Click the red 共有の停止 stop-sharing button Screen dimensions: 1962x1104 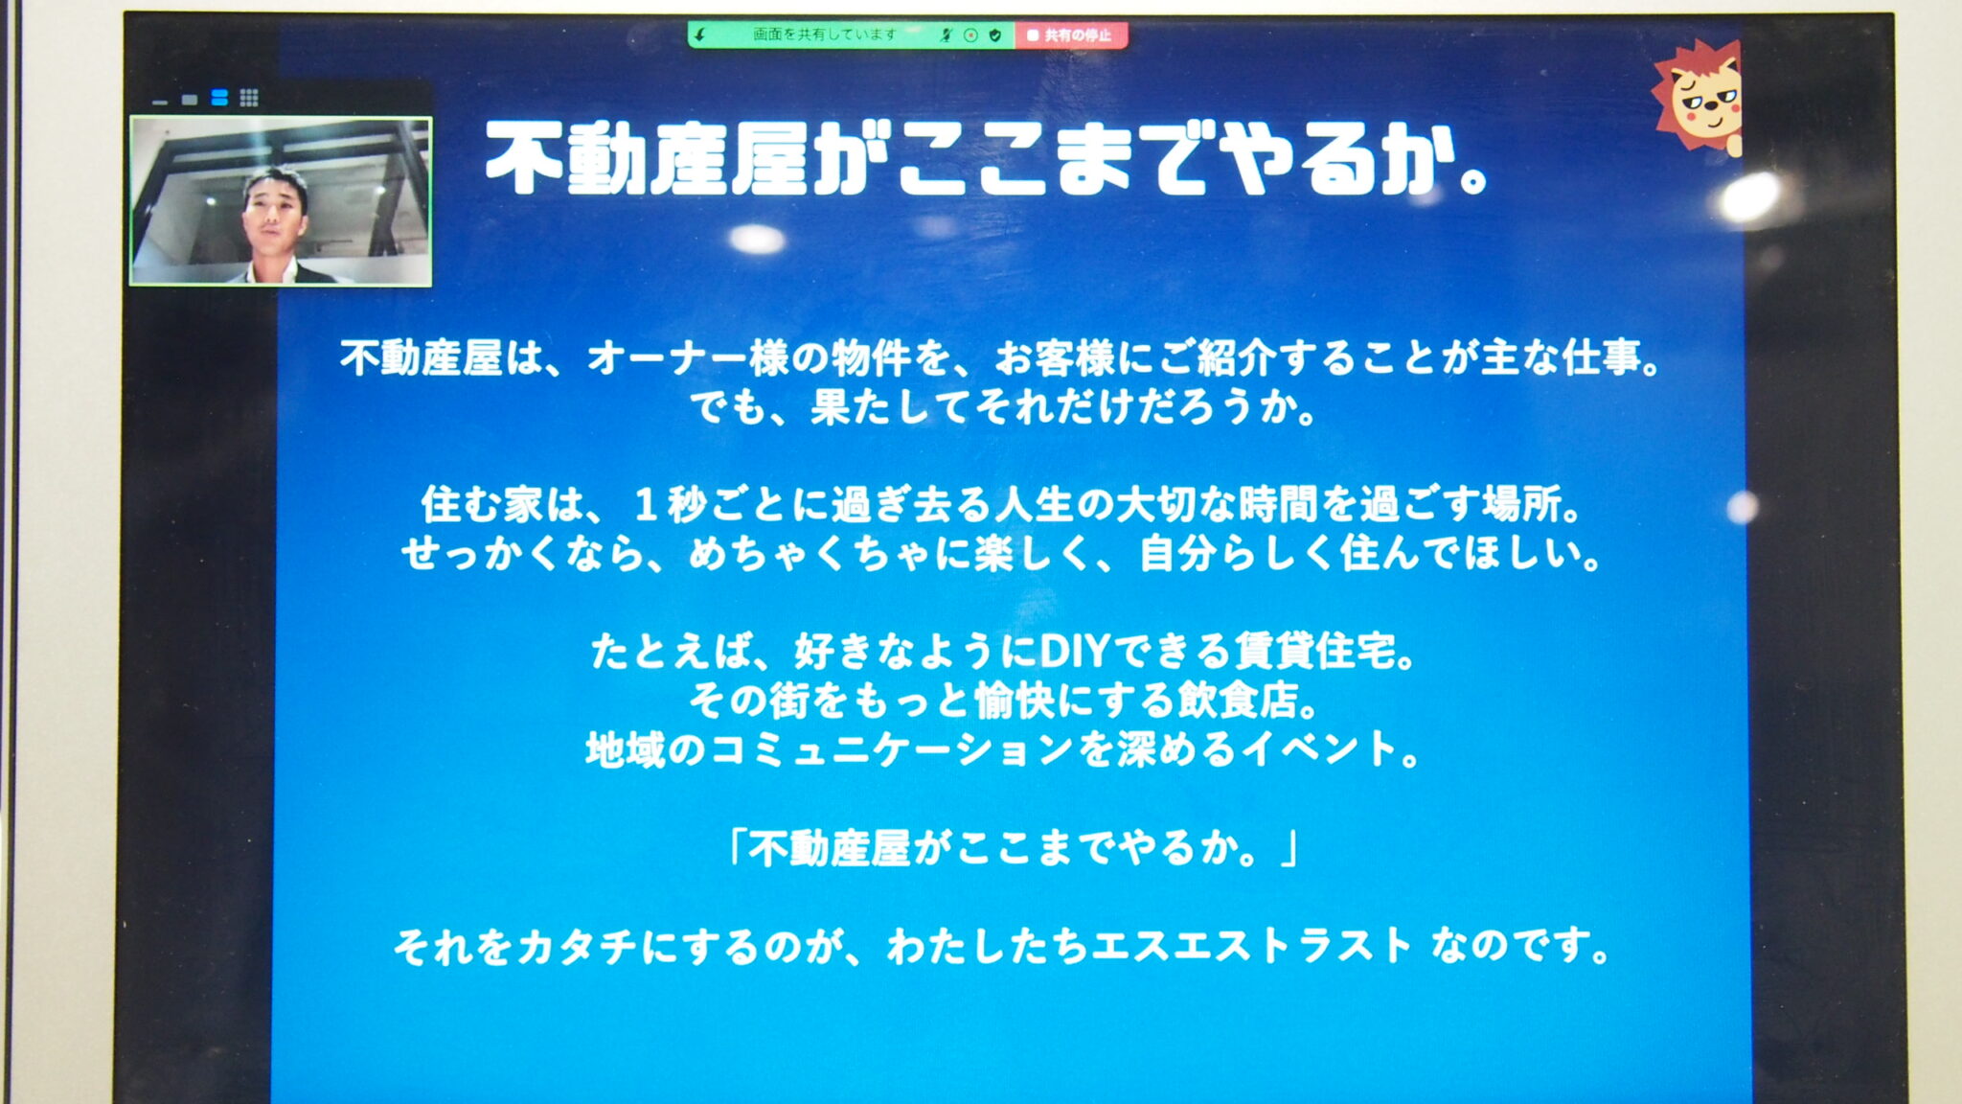(1070, 35)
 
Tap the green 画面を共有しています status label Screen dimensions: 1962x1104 (823, 34)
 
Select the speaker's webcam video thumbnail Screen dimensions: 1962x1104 (281, 201)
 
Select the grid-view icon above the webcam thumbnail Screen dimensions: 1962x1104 (249, 98)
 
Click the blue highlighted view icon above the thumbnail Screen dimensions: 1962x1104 (219, 98)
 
